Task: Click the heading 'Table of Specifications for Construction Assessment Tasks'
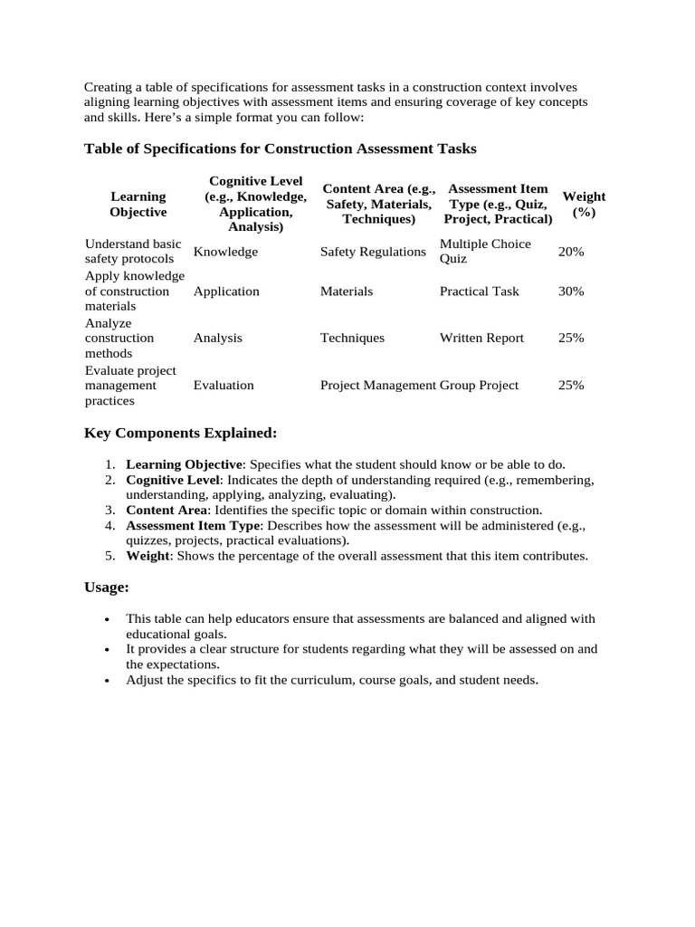280,148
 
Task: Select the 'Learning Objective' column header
138,204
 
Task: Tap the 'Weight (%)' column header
584,204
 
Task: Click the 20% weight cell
571,252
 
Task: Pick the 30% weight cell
571,291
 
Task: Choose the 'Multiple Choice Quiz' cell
485,252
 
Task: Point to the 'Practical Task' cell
480,291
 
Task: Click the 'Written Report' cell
481,338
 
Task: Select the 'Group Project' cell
479,385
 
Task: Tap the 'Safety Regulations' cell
373,252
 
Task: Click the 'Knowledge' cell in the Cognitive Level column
225,252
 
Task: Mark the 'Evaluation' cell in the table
224,385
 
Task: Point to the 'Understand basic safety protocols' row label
133,252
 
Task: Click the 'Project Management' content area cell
377,385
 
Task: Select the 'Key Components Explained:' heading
180,433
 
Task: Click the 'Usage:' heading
107,588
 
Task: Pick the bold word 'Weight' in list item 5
148,556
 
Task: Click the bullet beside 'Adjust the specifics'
108,680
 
